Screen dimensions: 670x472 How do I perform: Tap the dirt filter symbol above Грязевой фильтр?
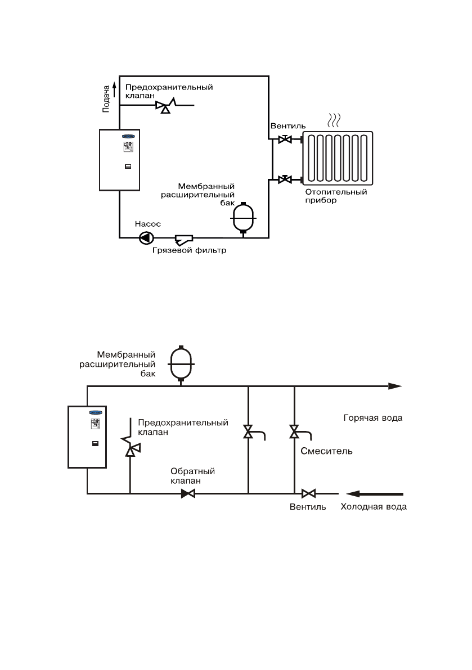point(183,239)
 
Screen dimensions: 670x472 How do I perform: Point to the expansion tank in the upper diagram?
point(244,217)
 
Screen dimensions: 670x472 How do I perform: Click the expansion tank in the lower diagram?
point(181,363)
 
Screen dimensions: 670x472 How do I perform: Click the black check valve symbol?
point(188,494)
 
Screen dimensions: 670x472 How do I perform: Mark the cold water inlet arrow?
point(375,494)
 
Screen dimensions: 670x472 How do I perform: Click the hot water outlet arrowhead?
point(395,386)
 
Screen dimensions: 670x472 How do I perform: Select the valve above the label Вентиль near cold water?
point(308,494)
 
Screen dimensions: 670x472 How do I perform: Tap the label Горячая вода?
point(373,419)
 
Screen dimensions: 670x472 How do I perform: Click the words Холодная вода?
point(373,507)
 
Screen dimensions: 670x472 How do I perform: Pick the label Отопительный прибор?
point(337,196)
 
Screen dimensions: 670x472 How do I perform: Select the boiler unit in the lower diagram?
point(87,436)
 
